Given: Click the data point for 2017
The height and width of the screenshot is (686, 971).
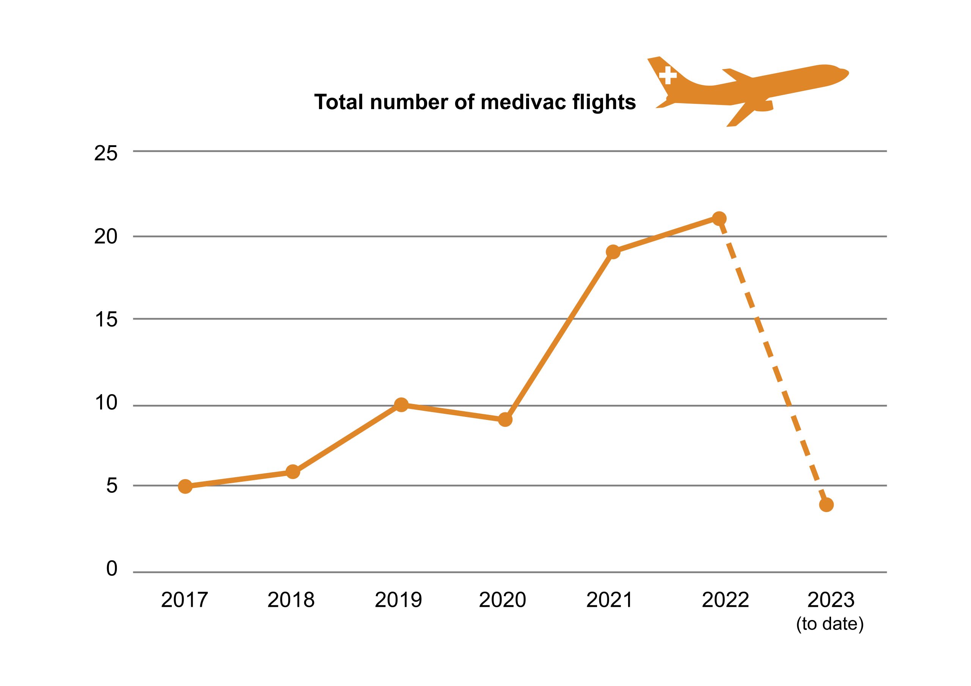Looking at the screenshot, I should (x=185, y=486).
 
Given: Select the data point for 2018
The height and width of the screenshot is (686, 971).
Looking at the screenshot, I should (x=293, y=472).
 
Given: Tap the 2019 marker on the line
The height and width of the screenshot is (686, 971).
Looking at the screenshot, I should (x=401, y=405).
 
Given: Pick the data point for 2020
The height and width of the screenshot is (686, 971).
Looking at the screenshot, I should (x=505, y=420).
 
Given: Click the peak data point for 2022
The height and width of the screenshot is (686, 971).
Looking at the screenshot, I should (x=719, y=219).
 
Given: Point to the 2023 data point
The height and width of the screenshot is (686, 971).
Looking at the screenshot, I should (x=826, y=505).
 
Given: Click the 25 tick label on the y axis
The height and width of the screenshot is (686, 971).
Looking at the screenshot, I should (x=105, y=153).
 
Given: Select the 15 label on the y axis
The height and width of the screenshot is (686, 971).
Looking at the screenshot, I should (x=105, y=320).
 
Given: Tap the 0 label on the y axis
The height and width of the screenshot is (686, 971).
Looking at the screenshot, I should (x=111, y=569).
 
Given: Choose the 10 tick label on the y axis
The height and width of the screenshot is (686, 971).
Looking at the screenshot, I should (x=105, y=403).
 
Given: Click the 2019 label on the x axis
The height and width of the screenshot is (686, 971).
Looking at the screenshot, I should (x=398, y=600).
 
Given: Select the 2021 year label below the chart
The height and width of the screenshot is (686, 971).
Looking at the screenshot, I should (x=609, y=600).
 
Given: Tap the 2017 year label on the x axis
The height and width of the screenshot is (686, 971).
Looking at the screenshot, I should (x=184, y=600).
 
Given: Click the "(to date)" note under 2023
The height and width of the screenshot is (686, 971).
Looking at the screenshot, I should (x=830, y=624).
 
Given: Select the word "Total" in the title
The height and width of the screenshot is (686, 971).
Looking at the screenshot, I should (x=339, y=103).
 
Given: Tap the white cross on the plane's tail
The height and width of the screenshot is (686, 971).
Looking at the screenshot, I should (x=668, y=75).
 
